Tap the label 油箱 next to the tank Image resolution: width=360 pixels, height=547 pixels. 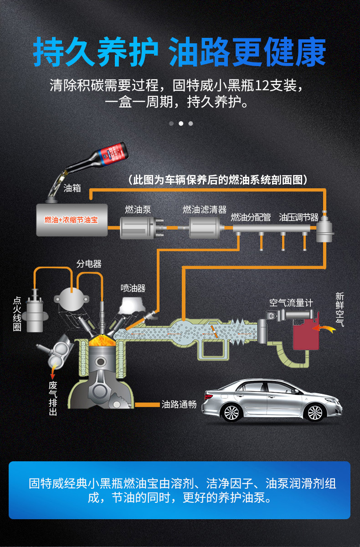(x=72, y=188)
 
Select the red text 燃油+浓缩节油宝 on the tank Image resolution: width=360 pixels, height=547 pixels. (x=71, y=220)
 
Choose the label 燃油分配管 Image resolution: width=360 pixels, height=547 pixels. (x=251, y=217)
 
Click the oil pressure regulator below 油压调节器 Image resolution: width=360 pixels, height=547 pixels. (x=324, y=227)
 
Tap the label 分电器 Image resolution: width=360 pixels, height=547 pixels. (x=89, y=264)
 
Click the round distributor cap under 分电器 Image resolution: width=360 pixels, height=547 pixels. (x=72, y=299)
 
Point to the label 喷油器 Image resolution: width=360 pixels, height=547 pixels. (x=133, y=289)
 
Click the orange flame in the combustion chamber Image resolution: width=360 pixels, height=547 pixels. (x=102, y=340)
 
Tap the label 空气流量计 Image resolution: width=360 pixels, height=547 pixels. (x=291, y=303)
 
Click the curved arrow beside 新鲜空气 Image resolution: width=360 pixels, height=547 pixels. (x=324, y=329)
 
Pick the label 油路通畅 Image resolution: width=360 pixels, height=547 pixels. (x=179, y=404)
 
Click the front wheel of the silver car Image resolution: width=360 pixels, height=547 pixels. (x=314, y=412)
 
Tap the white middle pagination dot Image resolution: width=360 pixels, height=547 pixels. (x=181, y=124)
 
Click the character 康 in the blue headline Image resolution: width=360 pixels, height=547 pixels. (x=310, y=52)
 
